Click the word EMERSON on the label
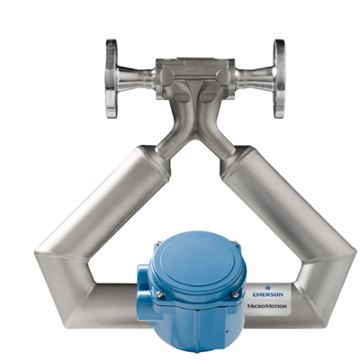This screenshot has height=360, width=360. (267, 295)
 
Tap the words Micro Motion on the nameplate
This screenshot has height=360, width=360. (267, 306)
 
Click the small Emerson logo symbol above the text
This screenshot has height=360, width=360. (268, 287)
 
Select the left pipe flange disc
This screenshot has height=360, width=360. (112, 78)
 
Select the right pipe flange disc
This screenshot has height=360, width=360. (279, 78)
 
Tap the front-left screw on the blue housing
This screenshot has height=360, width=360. (161, 295)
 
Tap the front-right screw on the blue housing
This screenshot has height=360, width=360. (235, 295)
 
